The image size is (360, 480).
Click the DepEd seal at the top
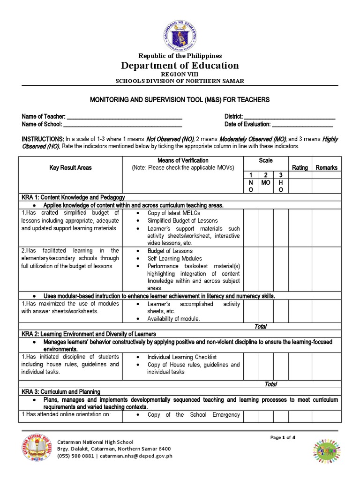[x=180, y=33]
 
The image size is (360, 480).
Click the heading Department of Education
[x=180, y=65]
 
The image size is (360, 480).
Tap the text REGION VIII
[x=180, y=75]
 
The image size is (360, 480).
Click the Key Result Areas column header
[x=71, y=167]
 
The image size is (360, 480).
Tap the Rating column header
[x=300, y=167]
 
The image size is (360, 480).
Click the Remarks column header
[x=326, y=167]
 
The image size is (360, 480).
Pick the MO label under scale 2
[x=266, y=182]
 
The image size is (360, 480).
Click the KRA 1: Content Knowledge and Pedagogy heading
[x=73, y=197]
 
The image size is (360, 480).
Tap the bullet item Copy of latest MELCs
[x=173, y=213]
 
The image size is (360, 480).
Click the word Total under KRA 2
[x=271, y=384]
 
